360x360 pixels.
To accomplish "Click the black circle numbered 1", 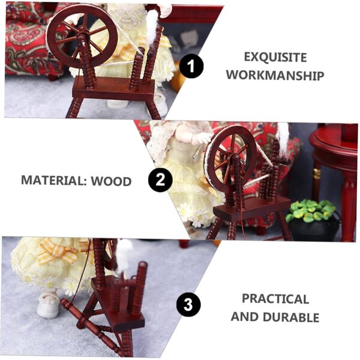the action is pos(191,67).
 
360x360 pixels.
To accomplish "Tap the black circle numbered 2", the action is pos(160,179).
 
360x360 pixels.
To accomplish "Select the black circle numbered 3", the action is pos(188,305).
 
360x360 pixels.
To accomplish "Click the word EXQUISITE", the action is pos(275,57).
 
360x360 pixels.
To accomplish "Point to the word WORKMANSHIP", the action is pos(275,76).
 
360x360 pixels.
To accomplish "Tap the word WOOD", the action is pos(112,181).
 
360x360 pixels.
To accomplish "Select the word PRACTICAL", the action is pos(275,298).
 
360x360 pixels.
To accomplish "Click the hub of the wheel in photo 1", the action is pos(81,37).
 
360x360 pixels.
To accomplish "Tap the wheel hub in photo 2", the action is pos(236,159).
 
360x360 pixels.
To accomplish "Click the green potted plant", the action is pos(310,211).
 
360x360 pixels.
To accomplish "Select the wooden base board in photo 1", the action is pos(114,90).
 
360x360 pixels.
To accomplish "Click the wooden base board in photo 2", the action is pos(252,208).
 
